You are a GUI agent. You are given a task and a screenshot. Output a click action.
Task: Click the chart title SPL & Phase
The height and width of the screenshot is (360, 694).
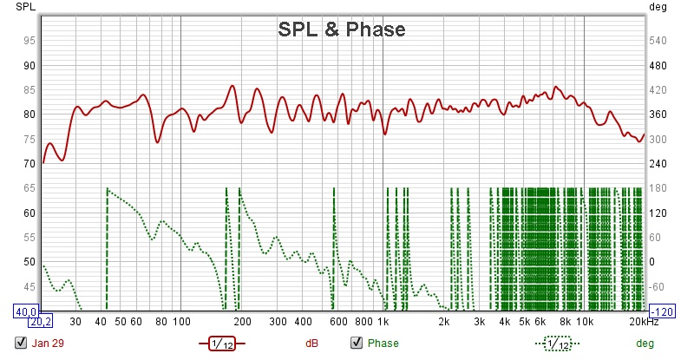[x=341, y=29]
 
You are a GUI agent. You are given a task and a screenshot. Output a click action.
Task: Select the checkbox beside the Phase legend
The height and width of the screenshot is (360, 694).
[x=356, y=343]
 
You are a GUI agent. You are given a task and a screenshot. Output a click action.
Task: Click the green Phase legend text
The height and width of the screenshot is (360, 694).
[x=383, y=343]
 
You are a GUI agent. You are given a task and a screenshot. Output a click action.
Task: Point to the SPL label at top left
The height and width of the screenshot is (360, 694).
[x=17, y=7]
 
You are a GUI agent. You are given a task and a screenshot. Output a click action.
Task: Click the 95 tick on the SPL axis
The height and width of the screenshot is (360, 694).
[x=29, y=41]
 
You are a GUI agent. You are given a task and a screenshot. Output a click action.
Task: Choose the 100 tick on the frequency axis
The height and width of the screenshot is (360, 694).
[x=180, y=322]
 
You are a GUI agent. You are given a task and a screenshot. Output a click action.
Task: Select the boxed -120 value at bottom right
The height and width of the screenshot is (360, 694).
[x=663, y=311]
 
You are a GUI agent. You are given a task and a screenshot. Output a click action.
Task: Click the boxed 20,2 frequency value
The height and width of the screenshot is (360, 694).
[x=42, y=322]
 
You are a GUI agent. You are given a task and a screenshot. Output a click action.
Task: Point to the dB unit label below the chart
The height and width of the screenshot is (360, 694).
[x=312, y=343]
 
